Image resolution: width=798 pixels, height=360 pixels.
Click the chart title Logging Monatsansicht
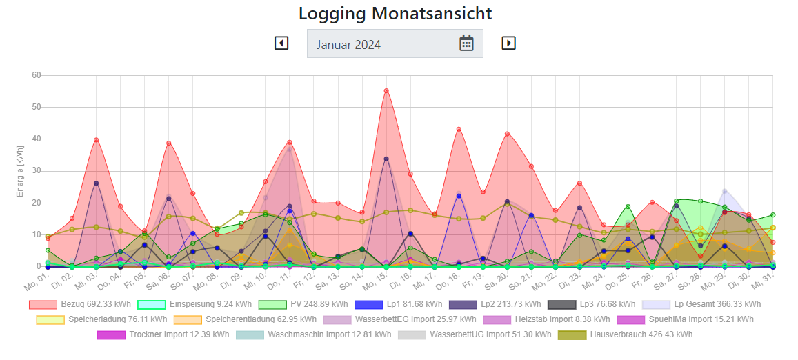click(x=395, y=13)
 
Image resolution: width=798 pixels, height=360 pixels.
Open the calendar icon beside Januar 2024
click(x=467, y=43)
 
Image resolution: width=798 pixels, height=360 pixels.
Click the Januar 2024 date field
click(x=378, y=44)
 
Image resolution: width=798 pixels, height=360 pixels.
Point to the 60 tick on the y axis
click(x=36, y=75)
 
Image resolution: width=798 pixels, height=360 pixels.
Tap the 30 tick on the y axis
click(x=36, y=171)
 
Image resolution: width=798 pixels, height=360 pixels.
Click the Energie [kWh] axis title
click(x=20, y=171)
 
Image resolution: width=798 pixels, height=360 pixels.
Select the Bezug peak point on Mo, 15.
click(x=386, y=91)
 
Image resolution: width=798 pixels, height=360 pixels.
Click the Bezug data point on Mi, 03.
click(x=97, y=140)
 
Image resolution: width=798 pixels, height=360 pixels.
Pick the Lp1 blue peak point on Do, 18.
click(x=459, y=196)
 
